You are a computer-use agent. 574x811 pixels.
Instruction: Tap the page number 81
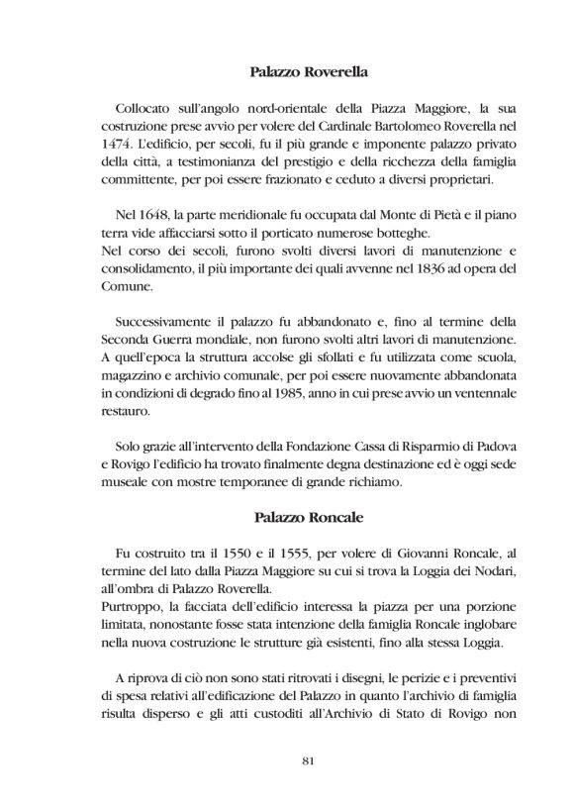306,760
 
